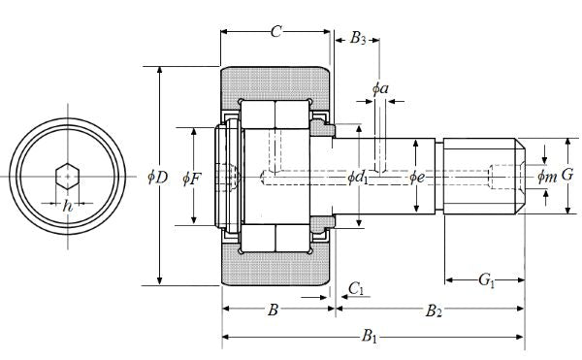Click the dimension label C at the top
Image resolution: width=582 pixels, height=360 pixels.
(x=275, y=32)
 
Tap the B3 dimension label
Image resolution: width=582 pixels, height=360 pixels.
(x=358, y=38)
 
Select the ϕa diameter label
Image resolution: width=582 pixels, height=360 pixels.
(x=380, y=88)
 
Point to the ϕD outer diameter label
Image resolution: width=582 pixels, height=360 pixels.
(x=158, y=178)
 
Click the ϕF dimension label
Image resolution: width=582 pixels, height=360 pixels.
(x=191, y=179)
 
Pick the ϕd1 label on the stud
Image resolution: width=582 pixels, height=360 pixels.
(x=357, y=178)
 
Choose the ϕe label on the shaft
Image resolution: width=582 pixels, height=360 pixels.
(x=417, y=178)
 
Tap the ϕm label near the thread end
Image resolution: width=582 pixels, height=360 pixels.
(x=547, y=177)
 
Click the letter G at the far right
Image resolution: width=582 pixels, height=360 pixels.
(x=567, y=175)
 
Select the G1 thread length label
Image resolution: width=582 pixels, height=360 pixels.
(x=487, y=279)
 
